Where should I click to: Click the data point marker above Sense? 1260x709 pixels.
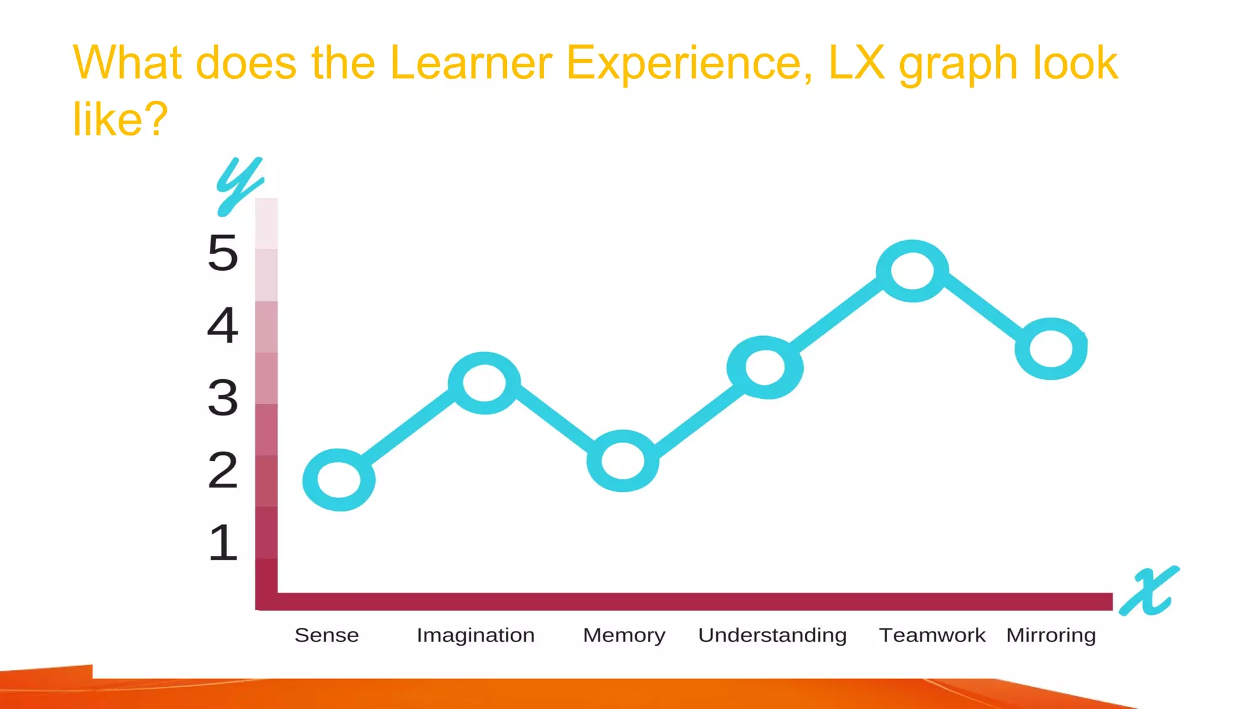pyautogui.click(x=339, y=479)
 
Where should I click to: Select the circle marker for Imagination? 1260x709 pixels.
pyautogui.click(x=485, y=383)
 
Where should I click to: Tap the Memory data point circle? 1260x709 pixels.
pyautogui.click(x=623, y=461)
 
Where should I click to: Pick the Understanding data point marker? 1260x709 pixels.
pyautogui.click(x=765, y=367)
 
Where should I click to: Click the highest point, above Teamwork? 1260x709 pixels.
pyautogui.click(x=912, y=271)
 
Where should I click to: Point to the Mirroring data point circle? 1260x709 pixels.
pyautogui.click(x=1051, y=348)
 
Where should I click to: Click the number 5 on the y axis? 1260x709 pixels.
pyautogui.click(x=223, y=253)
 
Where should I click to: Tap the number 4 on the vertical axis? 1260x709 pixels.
pyautogui.click(x=223, y=325)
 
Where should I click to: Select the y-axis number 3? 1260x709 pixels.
pyautogui.click(x=223, y=398)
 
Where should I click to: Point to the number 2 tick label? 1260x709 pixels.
pyautogui.click(x=223, y=470)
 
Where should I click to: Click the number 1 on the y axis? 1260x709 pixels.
pyautogui.click(x=223, y=543)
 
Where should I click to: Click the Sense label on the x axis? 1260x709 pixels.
pyautogui.click(x=327, y=635)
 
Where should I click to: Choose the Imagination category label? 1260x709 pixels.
pyautogui.click(x=476, y=635)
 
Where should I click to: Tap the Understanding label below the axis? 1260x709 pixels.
pyautogui.click(x=772, y=635)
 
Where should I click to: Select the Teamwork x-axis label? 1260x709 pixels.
pyautogui.click(x=932, y=635)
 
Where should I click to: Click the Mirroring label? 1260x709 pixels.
pyautogui.click(x=1051, y=635)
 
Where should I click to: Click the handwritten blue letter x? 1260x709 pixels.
pyautogui.click(x=1149, y=591)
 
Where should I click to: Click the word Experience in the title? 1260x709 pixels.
pyautogui.click(x=689, y=63)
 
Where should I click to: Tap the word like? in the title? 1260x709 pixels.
pyautogui.click(x=120, y=119)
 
